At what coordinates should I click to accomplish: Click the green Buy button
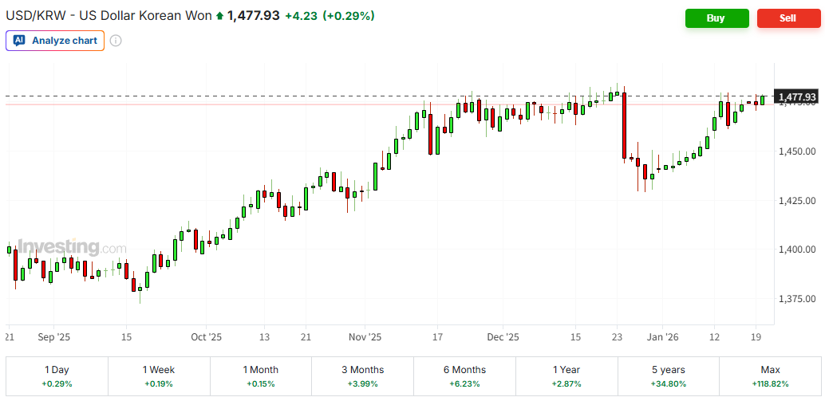(x=716, y=18)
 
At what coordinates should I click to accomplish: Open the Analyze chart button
(x=55, y=41)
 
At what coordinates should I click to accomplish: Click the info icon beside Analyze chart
(x=116, y=41)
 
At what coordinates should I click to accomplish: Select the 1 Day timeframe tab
(x=57, y=376)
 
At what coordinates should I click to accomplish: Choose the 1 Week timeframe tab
(x=159, y=376)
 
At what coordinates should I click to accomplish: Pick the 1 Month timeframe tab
(x=261, y=376)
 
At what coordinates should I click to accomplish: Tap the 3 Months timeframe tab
(x=363, y=376)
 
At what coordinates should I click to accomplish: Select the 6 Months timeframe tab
(x=465, y=376)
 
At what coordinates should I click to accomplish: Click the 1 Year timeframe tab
(x=567, y=376)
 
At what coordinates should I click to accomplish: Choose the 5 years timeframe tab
(x=669, y=376)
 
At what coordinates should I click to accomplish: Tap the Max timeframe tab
(x=770, y=376)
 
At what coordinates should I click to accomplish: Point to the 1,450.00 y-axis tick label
(x=795, y=151)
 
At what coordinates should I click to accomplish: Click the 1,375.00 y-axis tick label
(x=795, y=299)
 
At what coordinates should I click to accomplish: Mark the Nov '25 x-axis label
(x=366, y=337)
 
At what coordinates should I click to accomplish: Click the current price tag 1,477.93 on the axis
(x=796, y=96)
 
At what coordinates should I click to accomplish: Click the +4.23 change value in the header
(x=301, y=16)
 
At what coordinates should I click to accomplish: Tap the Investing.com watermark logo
(x=71, y=247)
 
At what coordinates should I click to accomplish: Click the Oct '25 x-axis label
(x=207, y=337)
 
